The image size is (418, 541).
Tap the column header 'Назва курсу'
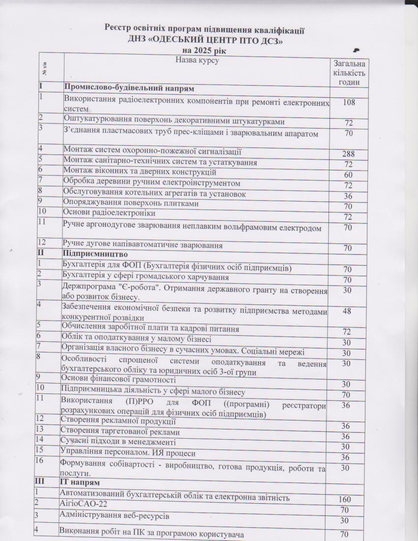tap(196, 61)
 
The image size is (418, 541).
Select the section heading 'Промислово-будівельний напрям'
tap(129, 89)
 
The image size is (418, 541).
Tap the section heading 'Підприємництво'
tap(96, 255)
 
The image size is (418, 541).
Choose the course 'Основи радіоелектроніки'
tap(109, 213)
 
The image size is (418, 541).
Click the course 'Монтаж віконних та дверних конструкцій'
tap(140, 172)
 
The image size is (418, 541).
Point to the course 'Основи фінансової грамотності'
tap(119, 380)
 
